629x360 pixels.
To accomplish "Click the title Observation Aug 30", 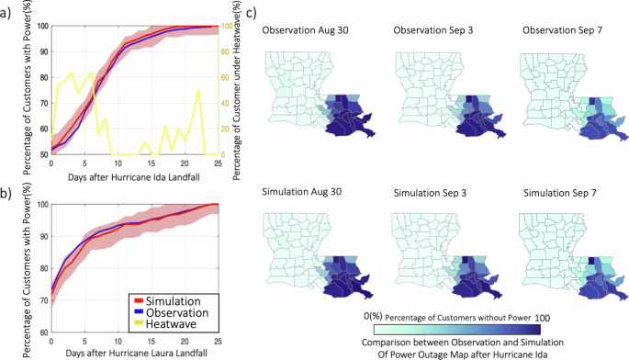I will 306,31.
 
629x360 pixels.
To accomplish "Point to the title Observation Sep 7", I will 561,31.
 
